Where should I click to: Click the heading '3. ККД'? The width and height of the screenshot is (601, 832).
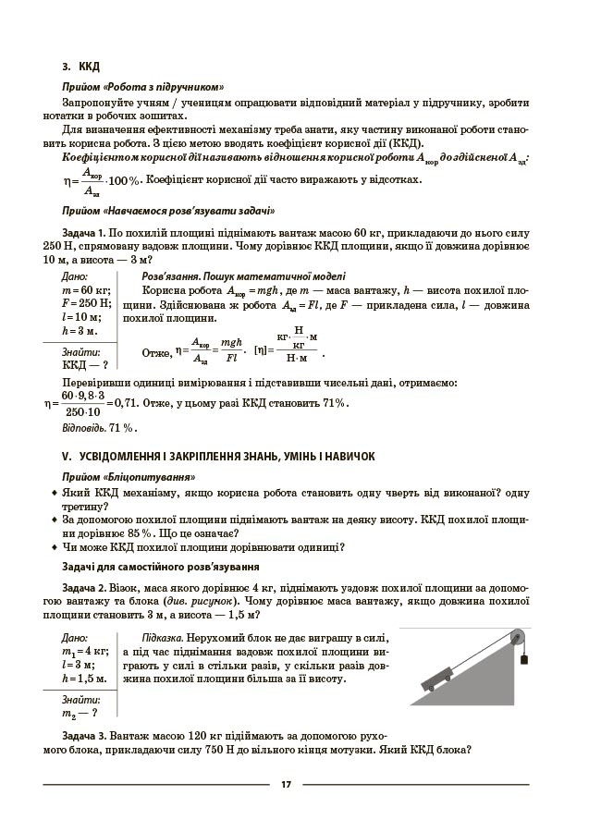(80, 66)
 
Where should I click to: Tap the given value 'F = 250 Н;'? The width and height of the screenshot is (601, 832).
(86, 303)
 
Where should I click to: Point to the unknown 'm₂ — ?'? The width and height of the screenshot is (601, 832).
(80, 713)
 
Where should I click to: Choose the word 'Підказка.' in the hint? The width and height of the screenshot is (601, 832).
(163, 638)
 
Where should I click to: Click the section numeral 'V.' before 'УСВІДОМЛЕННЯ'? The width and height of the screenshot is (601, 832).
(66, 456)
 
